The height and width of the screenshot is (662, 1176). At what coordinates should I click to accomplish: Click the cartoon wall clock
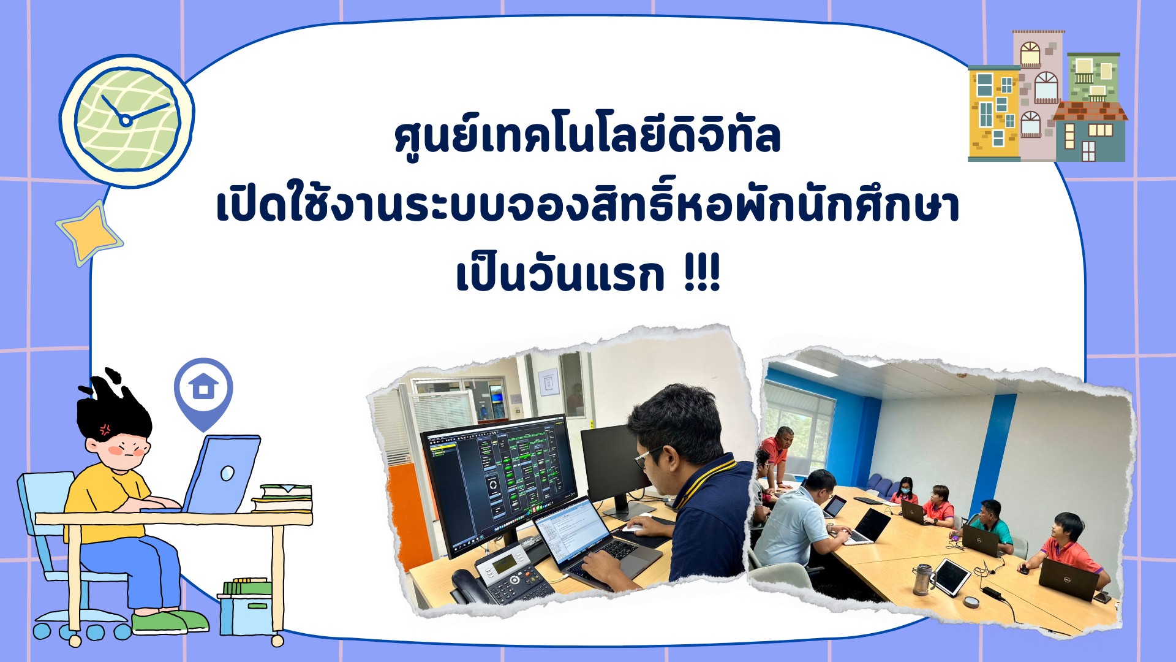pyautogui.click(x=127, y=120)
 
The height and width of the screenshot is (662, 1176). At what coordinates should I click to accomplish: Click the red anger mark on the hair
pyautogui.click(x=105, y=429)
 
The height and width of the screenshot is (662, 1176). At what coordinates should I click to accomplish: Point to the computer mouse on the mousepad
pyautogui.click(x=633, y=527)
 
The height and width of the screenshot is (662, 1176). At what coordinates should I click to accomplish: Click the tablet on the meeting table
pyautogui.click(x=949, y=577)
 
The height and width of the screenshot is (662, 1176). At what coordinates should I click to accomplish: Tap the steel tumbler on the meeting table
pyautogui.click(x=922, y=579)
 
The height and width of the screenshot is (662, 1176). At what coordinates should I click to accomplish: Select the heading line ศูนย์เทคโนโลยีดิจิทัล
pyautogui.click(x=587, y=137)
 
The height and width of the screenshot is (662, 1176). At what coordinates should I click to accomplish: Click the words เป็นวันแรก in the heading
pyautogui.click(x=560, y=275)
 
